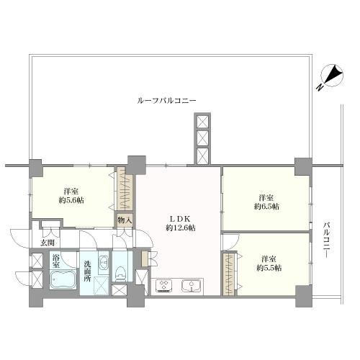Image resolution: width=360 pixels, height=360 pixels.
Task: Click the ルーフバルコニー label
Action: point(167,101)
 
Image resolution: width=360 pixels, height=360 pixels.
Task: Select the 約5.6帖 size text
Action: point(70,201)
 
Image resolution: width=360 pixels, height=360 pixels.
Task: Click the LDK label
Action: point(180,218)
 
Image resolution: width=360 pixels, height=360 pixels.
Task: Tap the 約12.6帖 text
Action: point(180,228)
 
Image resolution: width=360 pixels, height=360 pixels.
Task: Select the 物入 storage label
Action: point(125,220)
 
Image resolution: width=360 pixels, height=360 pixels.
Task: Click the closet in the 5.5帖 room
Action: point(230,274)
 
